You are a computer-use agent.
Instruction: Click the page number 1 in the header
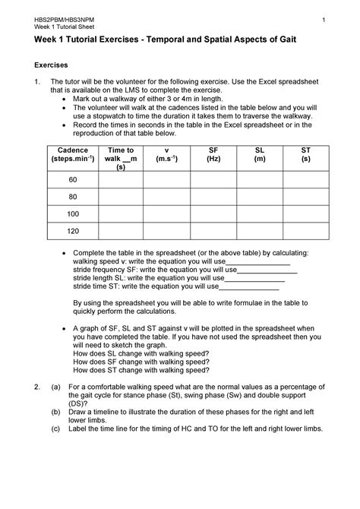coord(323,19)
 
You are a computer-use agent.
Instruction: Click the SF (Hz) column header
coord(213,155)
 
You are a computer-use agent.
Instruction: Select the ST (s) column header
coord(305,155)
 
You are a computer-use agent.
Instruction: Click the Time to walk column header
coord(121,159)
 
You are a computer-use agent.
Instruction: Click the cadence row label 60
coord(73,180)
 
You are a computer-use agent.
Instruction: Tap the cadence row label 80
coord(73,197)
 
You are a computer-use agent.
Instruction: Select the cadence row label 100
coord(73,213)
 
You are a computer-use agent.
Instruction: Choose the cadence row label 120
coord(73,230)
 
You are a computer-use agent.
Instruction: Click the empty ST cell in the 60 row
coord(305,180)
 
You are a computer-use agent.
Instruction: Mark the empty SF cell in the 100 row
coord(213,213)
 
